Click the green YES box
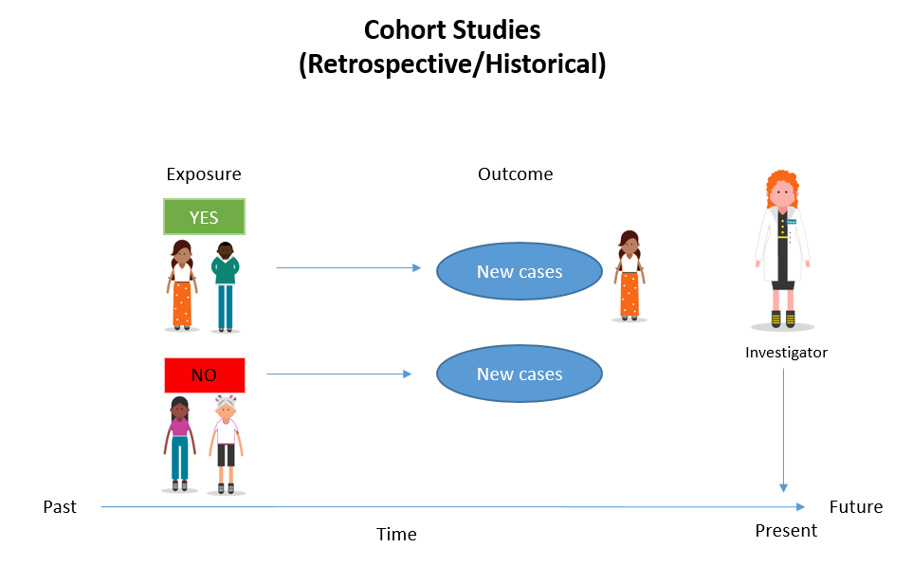(x=204, y=216)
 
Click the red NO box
(x=204, y=374)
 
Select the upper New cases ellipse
(x=519, y=272)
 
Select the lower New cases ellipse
(x=519, y=374)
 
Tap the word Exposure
(x=203, y=174)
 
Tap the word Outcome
(x=515, y=174)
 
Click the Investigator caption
(x=786, y=353)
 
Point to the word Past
(x=60, y=507)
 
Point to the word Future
(x=855, y=507)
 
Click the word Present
(x=786, y=531)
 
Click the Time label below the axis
(x=396, y=535)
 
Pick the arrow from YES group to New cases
(x=347, y=268)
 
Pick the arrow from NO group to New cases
(x=338, y=374)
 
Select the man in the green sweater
(x=225, y=284)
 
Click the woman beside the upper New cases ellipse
(x=628, y=275)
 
